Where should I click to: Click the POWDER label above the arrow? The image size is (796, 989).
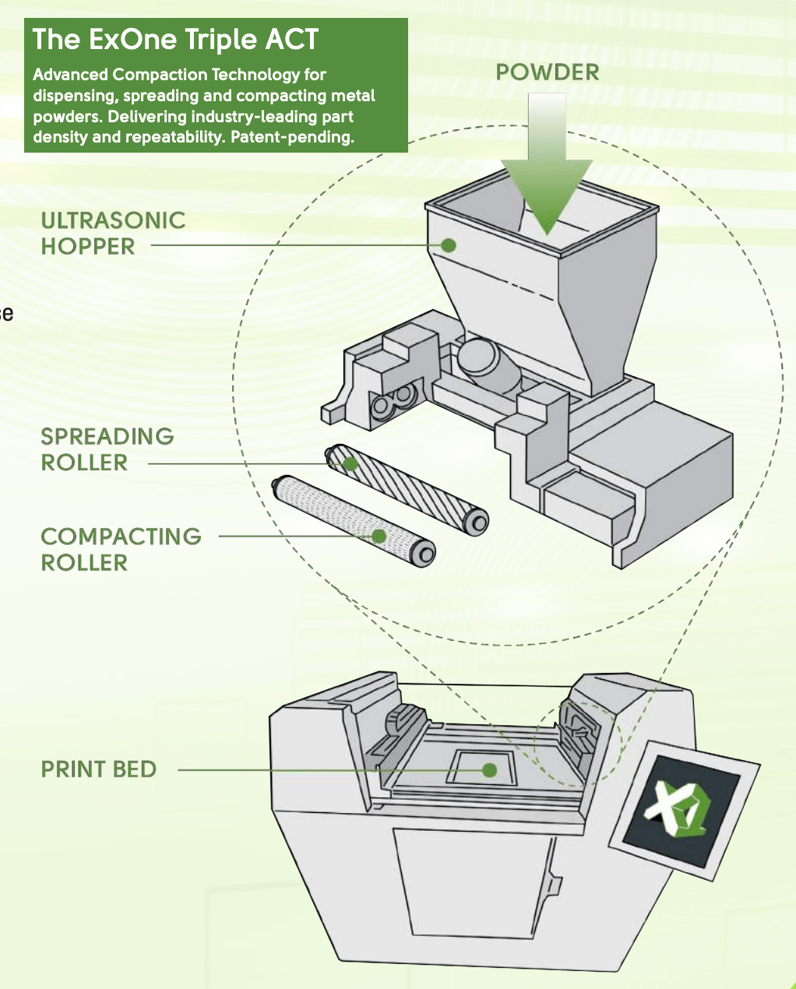(548, 72)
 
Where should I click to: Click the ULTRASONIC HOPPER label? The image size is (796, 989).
(113, 234)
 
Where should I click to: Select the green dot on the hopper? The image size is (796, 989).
(448, 245)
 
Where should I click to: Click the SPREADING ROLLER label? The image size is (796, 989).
(107, 449)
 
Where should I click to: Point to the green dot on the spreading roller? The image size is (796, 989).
(350, 464)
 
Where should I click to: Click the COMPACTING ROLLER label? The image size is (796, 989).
(121, 549)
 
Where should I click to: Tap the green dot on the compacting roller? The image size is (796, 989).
(379, 537)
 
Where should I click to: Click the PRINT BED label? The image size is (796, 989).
(99, 769)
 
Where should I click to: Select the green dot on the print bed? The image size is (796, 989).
(489, 770)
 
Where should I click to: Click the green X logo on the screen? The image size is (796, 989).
(678, 809)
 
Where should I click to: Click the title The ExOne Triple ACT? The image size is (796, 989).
(176, 40)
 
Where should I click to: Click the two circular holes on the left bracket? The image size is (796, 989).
(393, 404)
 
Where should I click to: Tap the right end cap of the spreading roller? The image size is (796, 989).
(477, 520)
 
